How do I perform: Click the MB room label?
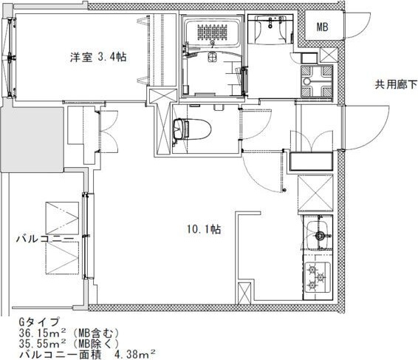click(x=322, y=27)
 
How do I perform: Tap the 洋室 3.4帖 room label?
click(x=98, y=57)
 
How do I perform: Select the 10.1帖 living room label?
click(x=204, y=229)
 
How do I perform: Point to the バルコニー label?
click(x=45, y=239)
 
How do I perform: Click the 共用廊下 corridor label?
click(x=396, y=84)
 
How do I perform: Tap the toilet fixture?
click(x=192, y=129)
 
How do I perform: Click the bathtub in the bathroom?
click(x=213, y=33)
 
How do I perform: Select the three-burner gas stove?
click(x=317, y=277)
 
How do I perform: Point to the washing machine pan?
click(x=317, y=81)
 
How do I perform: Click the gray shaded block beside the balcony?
click(x=32, y=140)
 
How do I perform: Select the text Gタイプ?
click(x=38, y=322)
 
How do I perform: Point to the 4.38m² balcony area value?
click(x=135, y=355)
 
